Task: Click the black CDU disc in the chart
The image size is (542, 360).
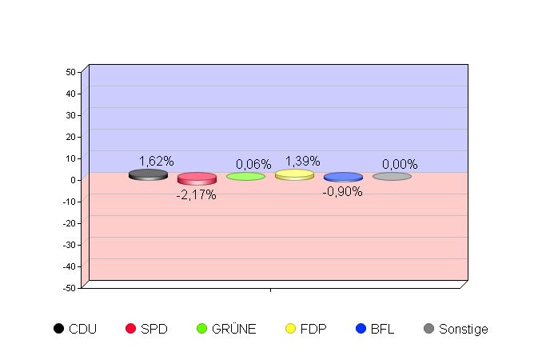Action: (x=148, y=174)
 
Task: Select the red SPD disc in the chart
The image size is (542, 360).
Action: (x=197, y=178)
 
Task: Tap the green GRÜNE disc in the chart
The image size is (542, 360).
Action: (x=245, y=176)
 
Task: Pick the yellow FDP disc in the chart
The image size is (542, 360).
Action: (x=294, y=174)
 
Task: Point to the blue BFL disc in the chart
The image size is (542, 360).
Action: (x=343, y=177)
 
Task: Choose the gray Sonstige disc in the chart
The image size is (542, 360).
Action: (x=392, y=176)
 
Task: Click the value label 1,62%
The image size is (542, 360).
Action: (x=156, y=161)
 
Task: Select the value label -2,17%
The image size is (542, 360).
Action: (x=196, y=194)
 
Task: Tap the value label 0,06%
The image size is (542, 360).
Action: (x=253, y=164)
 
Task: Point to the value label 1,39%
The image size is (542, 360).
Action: (x=302, y=161)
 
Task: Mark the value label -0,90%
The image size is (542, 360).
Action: (x=342, y=191)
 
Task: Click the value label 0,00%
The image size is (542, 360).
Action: (x=400, y=164)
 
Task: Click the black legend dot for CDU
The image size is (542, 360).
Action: (x=58, y=328)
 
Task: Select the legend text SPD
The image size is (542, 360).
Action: (x=153, y=329)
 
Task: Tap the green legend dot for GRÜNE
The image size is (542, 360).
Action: (x=201, y=328)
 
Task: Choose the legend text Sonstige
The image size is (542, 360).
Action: (x=463, y=329)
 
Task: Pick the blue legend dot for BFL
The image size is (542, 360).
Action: (x=361, y=328)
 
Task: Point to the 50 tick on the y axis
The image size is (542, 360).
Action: (x=70, y=72)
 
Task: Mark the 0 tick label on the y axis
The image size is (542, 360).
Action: (x=73, y=180)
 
